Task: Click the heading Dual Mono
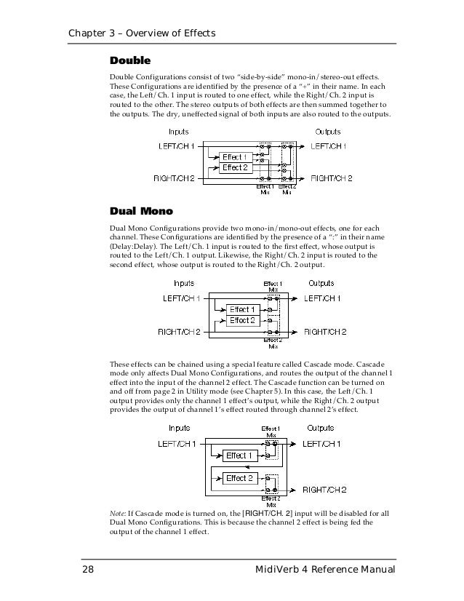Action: pos(140,212)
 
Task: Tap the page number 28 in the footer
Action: pos(86,568)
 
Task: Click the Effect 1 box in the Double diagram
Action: pos(235,156)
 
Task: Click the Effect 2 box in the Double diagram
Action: pos(235,167)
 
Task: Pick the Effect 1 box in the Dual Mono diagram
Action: pos(242,309)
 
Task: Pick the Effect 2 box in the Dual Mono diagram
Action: pos(242,320)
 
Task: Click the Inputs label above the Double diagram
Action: pos(179,132)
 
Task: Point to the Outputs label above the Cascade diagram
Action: pos(321,428)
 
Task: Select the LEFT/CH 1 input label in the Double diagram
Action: pos(177,146)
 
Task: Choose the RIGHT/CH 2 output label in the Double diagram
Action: pos(332,178)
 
